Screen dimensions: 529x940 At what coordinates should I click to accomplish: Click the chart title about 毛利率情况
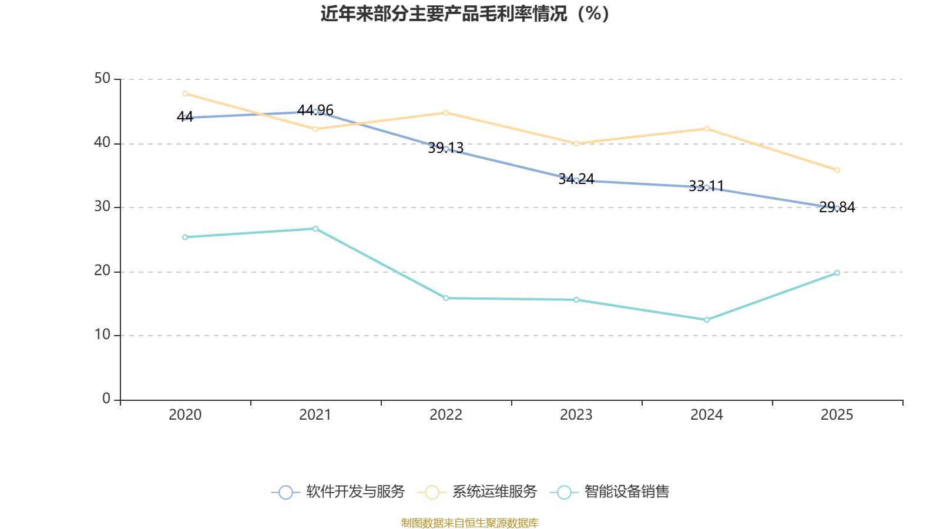tap(465, 14)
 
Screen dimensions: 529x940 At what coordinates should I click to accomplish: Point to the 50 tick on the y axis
tap(102, 78)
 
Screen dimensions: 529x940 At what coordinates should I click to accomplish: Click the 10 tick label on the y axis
tap(102, 334)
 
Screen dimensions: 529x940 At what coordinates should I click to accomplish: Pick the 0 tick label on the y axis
tap(106, 399)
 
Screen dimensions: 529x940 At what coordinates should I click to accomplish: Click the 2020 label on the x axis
tap(185, 415)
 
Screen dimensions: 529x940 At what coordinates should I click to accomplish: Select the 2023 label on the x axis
tap(576, 415)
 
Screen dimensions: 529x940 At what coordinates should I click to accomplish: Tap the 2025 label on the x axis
tap(837, 415)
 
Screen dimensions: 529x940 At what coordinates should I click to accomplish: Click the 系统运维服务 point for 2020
tap(185, 93)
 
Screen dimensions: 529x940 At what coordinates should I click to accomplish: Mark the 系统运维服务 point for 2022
tap(446, 112)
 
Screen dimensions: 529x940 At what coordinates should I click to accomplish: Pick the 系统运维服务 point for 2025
tap(837, 170)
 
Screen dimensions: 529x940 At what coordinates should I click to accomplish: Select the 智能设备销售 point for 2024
tap(707, 320)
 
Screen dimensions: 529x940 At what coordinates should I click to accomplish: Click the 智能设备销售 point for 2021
tap(315, 229)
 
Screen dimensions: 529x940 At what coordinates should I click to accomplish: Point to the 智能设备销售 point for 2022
tap(446, 298)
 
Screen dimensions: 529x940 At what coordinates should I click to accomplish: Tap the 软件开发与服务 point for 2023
tap(576, 180)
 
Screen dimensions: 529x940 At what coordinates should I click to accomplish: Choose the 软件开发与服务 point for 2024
tap(707, 188)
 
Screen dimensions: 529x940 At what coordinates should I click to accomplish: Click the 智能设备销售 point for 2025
tap(837, 273)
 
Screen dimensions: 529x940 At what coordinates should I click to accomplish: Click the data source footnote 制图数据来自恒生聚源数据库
tap(469, 523)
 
